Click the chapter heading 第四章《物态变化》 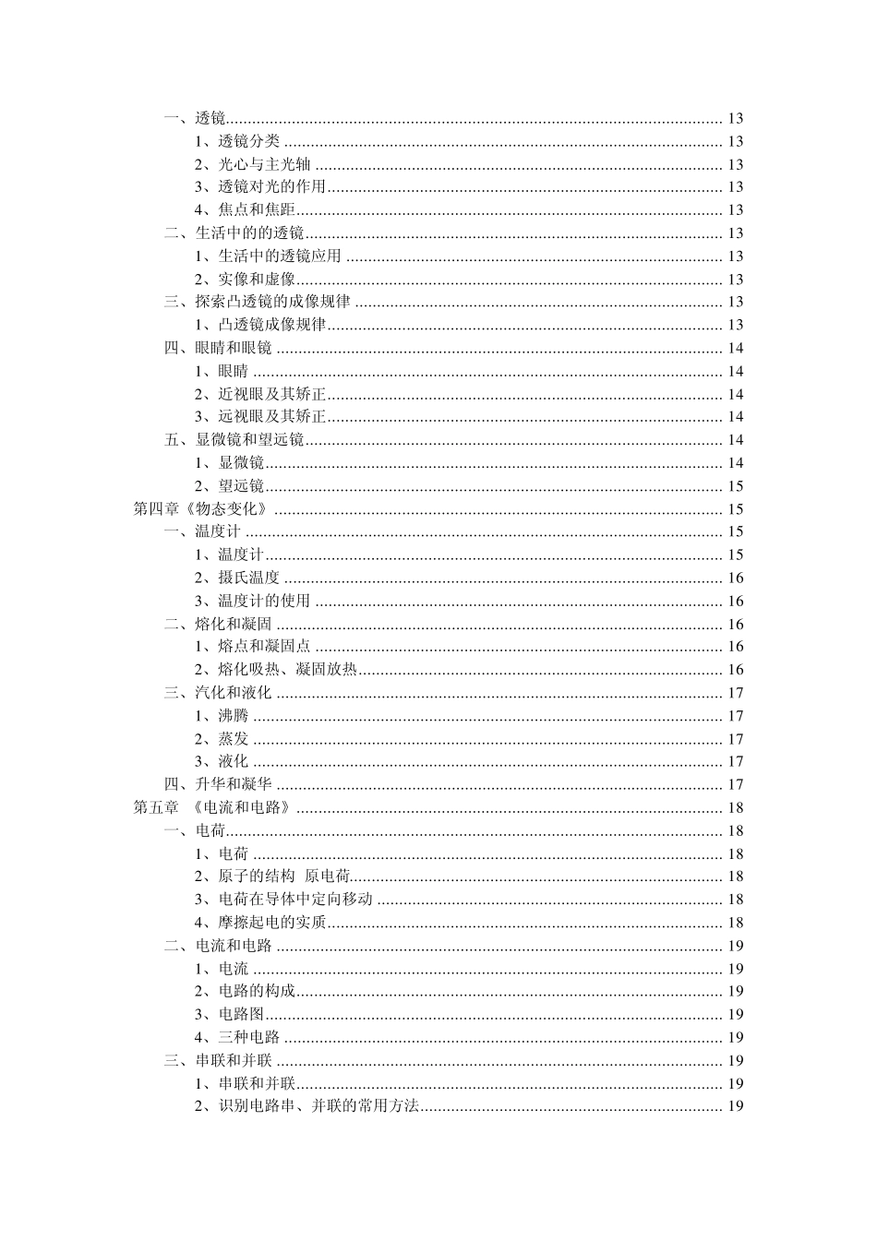click(201, 509)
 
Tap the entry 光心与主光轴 click(263, 164)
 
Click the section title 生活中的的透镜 click(249, 233)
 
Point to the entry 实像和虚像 click(257, 280)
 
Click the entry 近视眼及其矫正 click(272, 394)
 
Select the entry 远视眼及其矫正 click(272, 417)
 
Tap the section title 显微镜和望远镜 click(249, 440)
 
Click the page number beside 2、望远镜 click(736, 486)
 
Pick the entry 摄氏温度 click(248, 578)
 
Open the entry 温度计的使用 click(263, 601)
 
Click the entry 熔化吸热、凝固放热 click(287, 670)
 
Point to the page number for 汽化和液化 click(736, 693)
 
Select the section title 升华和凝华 click(234, 784)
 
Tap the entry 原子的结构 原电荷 click(283, 876)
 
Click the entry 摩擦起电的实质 click(272, 923)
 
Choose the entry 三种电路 click(248, 1037)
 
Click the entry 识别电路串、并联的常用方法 click(318, 1106)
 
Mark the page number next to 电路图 click(736, 1014)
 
